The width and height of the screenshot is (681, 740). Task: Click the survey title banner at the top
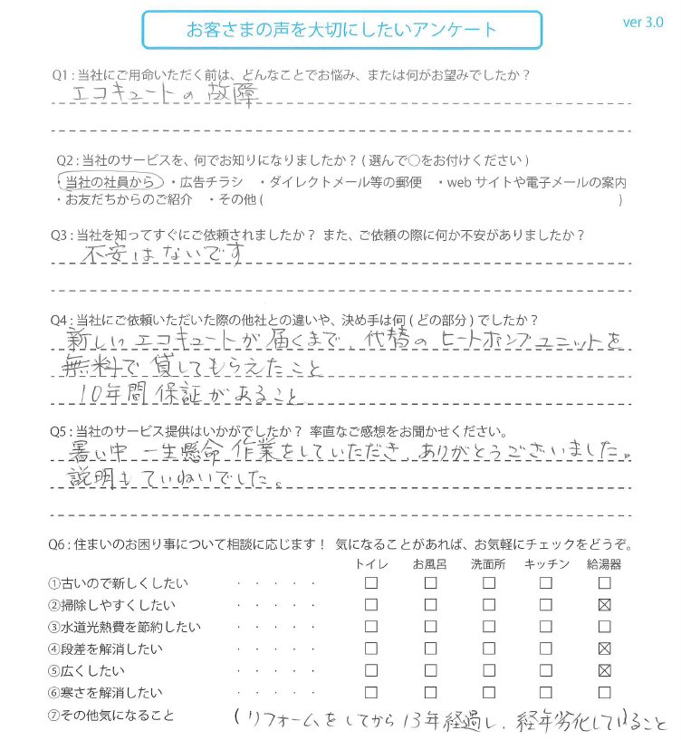click(x=341, y=30)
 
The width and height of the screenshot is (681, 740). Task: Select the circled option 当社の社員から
click(x=110, y=182)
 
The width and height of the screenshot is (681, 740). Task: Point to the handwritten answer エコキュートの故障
click(x=168, y=94)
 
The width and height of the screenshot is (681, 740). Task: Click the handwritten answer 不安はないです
click(x=164, y=257)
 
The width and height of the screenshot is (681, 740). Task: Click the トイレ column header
click(x=371, y=564)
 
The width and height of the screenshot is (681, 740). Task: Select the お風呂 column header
click(x=430, y=564)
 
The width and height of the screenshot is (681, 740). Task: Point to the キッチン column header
click(x=546, y=564)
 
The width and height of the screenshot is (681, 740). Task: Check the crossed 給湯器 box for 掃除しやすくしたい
click(x=605, y=605)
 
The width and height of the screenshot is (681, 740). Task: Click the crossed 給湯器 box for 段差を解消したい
click(x=605, y=649)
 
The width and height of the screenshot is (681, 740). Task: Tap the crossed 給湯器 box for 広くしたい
click(x=605, y=671)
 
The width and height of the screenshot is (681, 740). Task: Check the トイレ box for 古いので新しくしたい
click(x=371, y=583)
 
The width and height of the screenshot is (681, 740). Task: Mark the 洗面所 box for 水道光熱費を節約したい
click(x=489, y=627)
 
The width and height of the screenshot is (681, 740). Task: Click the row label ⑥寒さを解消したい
click(x=106, y=693)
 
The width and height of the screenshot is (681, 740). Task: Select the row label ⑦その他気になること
click(x=112, y=716)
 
